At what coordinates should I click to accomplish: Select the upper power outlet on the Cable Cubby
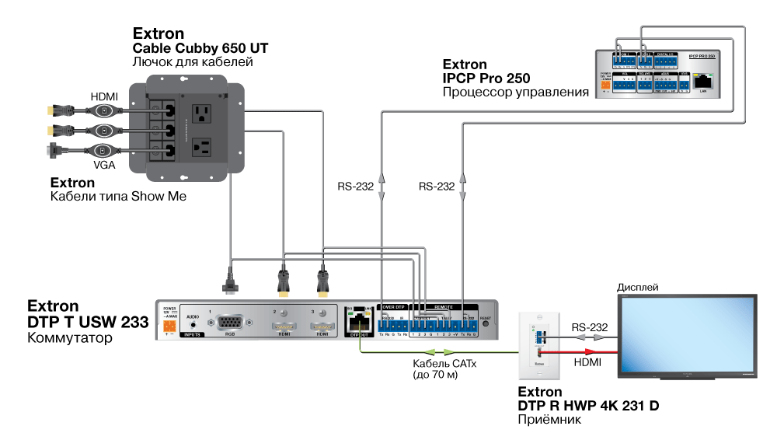pyautogui.click(x=201, y=113)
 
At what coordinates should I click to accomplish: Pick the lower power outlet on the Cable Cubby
pyautogui.click(x=201, y=147)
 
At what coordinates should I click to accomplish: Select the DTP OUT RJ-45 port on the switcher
pyautogui.click(x=359, y=321)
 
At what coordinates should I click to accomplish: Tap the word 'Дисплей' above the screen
pyautogui.click(x=638, y=288)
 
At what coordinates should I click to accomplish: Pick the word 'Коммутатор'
pyautogui.click(x=69, y=338)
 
